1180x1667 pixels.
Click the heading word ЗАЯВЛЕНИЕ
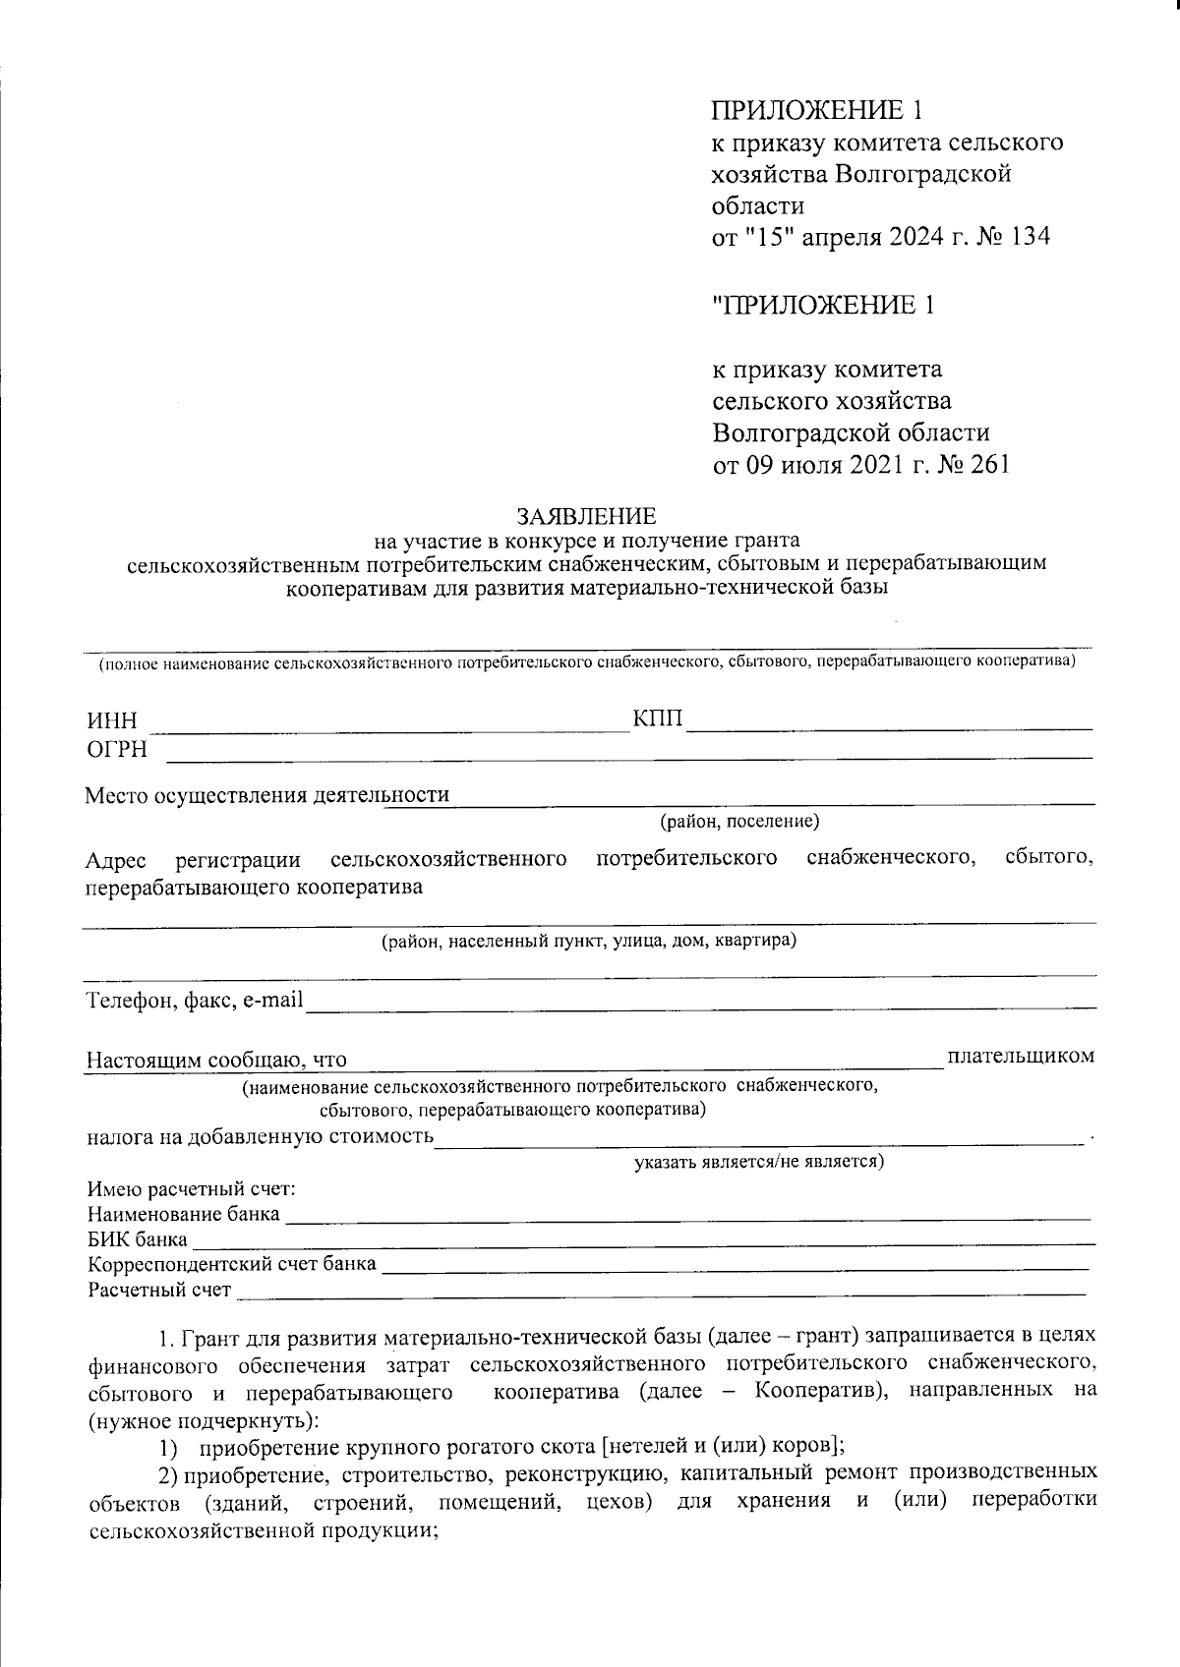tap(586, 517)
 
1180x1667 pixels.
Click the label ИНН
tap(110, 721)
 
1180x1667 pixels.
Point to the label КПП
tap(657, 719)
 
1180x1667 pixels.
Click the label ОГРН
tap(116, 750)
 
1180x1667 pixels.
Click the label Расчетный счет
tap(159, 1290)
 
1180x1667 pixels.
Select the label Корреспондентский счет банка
tap(231, 1264)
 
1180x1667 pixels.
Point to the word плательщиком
tap(1020, 1056)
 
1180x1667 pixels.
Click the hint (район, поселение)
tap(739, 821)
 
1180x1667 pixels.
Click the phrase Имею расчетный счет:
tap(192, 1190)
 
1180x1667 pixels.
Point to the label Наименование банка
tap(183, 1215)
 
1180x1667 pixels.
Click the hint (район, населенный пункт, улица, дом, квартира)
tap(588, 942)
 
